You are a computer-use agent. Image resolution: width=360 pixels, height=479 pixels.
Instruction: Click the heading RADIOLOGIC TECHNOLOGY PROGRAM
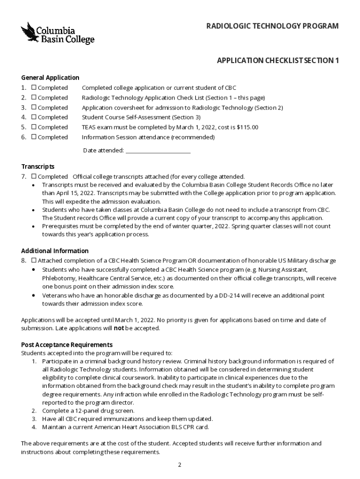pyautogui.click(x=273, y=26)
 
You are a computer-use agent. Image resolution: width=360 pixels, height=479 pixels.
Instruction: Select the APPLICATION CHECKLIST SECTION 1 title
pyautogui.click(x=278, y=61)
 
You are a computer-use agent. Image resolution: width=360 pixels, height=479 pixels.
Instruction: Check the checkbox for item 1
pyautogui.click(x=34, y=88)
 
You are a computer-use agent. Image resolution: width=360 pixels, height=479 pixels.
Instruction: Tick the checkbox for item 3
pyautogui.click(x=34, y=108)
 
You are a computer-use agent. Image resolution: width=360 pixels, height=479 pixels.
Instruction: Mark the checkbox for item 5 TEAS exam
pyautogui.click(x=34, y=127)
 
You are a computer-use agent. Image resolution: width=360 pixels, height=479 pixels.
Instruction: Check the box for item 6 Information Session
pyautogui.click(x=34, y=137)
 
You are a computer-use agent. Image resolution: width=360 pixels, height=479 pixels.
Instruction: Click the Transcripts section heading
pyautogui.click(x=38, y=167)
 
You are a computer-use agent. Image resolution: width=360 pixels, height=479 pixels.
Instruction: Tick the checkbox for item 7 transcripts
pyautogui.click(x=34, y=176)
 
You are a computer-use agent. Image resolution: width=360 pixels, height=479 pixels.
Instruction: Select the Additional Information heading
pyautogui.click(x=55, y=251)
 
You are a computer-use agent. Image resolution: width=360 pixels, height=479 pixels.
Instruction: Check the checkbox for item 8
pyautogui.click(x=34, y=261)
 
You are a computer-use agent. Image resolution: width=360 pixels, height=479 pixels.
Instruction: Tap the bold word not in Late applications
pyautogui.click(x=119, y=328)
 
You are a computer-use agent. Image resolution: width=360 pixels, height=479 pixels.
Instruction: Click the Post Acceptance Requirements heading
pyautogui.click(x=67, y=345)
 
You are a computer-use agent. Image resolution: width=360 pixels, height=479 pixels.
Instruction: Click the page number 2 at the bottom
pyautogui.click(x=180, y=464)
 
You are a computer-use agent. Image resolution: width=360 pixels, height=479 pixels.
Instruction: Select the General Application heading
pyautogui.click(x=50, y=78)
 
